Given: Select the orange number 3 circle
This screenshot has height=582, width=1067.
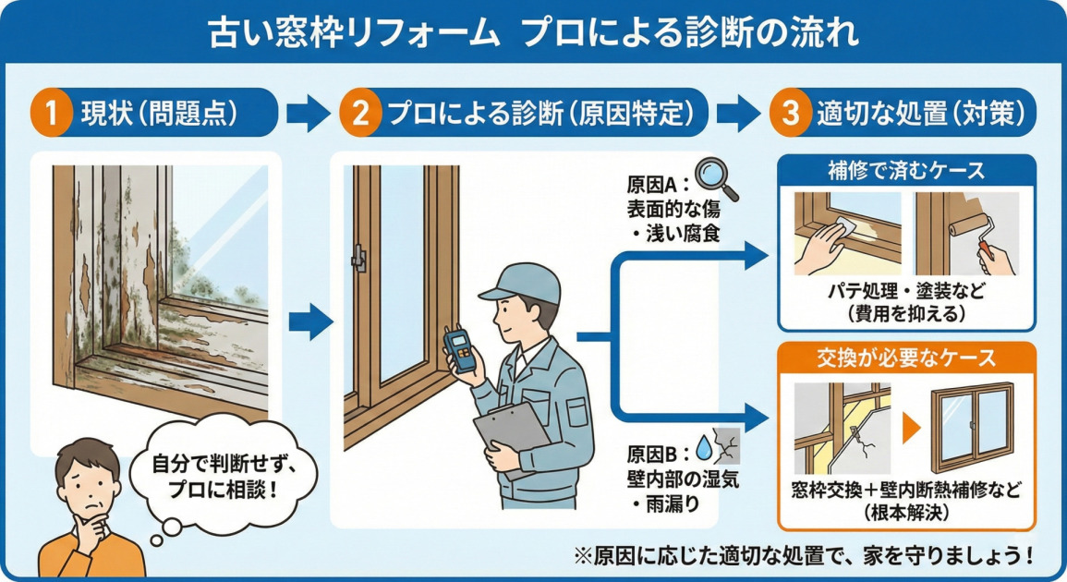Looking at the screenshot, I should [790, 115].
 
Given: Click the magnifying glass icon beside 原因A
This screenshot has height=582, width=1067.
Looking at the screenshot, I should [716, 178].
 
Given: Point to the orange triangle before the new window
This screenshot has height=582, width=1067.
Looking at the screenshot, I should [911, 427].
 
